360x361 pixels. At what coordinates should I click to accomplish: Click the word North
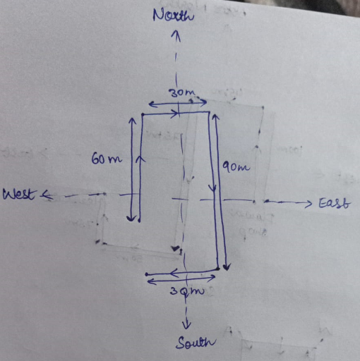(x=174, y=15)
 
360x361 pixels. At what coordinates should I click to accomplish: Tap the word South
(x=196, y=343)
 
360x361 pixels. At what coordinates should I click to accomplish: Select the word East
(x=335, y=203)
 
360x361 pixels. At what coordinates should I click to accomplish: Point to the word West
(x=20, y=194)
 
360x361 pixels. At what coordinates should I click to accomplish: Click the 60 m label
(x=107, y=159)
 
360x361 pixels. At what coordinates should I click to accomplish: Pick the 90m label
(x=236, y=167)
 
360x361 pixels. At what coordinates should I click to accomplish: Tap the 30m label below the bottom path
(x=187, y=290)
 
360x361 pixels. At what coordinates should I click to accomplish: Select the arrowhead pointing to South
(x=187, y=325)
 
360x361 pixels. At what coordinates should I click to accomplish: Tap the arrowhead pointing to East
(x=308, y=204)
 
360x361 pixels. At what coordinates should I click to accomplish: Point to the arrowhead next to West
(x=47, y=195)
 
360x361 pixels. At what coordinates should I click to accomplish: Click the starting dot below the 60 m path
(x=139, y=221)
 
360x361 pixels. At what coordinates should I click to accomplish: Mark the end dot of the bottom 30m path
(x=147, y=274)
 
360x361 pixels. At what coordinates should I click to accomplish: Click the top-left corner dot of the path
(x=143, y=114)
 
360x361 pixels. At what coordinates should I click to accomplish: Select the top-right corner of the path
(x=209, y=112)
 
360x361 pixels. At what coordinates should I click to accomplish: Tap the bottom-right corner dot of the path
(x=218, y=269)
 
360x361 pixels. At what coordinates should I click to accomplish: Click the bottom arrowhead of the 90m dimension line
(x=227, y=267)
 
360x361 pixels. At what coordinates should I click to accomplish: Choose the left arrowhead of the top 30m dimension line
(x=152, y=104)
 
